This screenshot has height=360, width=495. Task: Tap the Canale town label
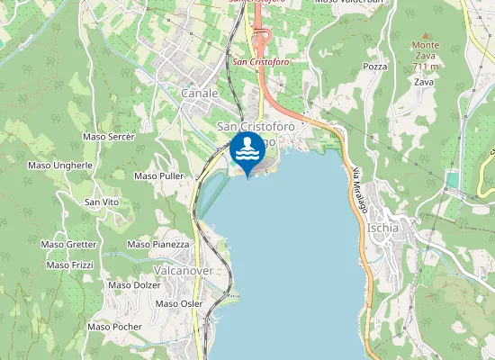199,93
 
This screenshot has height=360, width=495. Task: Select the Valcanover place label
184,270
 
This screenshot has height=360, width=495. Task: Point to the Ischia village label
384,228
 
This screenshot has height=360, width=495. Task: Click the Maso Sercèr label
108,137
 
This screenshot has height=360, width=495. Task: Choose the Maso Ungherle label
60,166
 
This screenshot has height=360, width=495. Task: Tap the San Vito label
102,202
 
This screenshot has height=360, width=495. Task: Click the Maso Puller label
158,176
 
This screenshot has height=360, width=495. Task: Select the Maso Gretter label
68,244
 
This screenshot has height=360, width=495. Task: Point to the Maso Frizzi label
70,265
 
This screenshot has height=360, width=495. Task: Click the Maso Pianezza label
158,244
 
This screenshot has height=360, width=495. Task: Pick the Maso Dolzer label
134,285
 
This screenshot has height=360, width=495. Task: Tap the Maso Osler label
179,304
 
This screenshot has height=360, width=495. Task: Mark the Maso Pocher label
114,327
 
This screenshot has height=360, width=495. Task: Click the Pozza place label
374,67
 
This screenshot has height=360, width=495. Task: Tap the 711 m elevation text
425,67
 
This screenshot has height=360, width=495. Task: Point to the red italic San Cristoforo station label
261,62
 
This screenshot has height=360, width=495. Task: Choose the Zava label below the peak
424,82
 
